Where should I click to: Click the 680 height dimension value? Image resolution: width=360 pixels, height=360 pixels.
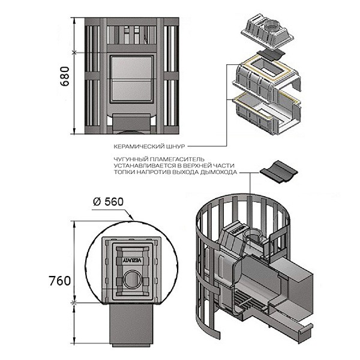coord(65,76)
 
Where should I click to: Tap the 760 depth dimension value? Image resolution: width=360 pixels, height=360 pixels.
coord(59,281)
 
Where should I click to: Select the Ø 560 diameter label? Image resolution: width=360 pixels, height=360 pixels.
coord(109,202)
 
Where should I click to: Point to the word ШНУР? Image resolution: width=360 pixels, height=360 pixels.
coord(177,146)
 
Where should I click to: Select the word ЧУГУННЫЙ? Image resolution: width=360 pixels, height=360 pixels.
coord(130,159)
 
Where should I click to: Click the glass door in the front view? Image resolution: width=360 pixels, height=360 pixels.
coord(131,79)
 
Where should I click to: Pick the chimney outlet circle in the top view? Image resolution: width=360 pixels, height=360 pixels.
coord(131,280)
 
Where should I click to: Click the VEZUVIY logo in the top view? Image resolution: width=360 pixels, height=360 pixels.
coord(132,260)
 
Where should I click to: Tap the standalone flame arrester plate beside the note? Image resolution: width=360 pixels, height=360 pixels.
coord(278,172)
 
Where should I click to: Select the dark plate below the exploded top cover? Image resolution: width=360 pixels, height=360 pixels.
coord(271,55)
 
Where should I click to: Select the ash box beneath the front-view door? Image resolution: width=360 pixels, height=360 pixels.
coord(131,124)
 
